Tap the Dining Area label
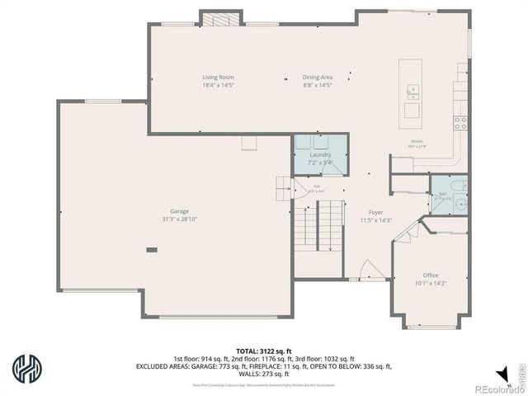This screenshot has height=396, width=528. [x=318, y=78]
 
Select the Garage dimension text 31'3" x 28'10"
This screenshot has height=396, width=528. [x=180, y=219]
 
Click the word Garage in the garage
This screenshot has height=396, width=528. [x=180, y=210]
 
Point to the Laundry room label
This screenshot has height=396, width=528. [x=321, y=154]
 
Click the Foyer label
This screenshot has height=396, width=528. [x=375, y=212]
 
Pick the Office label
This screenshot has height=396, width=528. [x=431, y=275]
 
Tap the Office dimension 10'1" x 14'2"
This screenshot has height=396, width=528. [x=431, y=283]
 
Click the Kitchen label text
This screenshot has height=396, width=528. [x=419, y=141]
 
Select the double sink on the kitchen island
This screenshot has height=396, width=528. [x=411, y=91]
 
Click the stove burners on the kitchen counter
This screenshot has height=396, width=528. [x=460, y=123]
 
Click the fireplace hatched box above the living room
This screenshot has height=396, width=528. [x=218, y=19]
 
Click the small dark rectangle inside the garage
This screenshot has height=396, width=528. [x=151, y=249]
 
